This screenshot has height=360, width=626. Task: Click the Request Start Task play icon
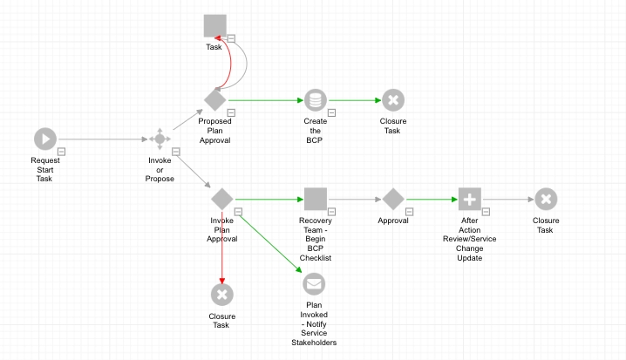tap(45, 139)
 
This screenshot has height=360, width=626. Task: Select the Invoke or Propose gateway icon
tap(160, 139)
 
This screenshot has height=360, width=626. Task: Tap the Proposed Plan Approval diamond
tap(214, 100)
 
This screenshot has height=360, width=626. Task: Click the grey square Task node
tap(214, 25)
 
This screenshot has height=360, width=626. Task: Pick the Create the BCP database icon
tap(315, 100)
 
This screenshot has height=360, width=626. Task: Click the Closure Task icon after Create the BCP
tap(392, 100)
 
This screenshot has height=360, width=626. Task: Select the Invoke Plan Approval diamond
tap(221, 199)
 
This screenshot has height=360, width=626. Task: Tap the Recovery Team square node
tap(315, 199)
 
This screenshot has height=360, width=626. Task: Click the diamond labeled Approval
tap(392, 199)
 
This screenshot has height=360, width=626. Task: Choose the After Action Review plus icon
tap(469, 199)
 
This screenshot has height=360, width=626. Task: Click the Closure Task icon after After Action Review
tap(546, 199)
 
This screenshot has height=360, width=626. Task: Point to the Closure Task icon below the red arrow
tap(221, 295)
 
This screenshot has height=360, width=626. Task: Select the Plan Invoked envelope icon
tap(314, 283)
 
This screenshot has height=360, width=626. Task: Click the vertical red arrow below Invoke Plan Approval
tap(221, 244)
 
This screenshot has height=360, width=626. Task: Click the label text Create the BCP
tap(315, 130)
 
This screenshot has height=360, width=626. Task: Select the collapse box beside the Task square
tap(233, 37)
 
